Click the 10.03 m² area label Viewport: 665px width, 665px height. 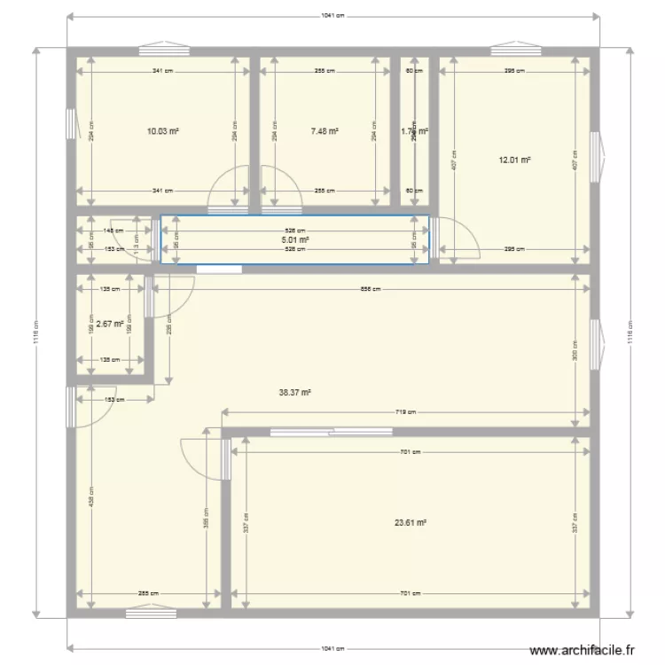(163, 131)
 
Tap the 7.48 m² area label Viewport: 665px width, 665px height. (325, 131)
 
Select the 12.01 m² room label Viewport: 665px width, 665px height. (514, 160)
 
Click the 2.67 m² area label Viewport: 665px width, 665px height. (109, 324)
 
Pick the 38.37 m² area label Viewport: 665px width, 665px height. (295, 391)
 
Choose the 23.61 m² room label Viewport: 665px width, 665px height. (411, 523)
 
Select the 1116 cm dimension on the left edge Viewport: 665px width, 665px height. (35, 333)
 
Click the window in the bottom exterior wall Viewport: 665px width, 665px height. (151, 610)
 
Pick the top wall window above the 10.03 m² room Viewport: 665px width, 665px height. (163, 49)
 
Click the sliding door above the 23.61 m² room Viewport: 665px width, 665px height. (331, 432)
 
